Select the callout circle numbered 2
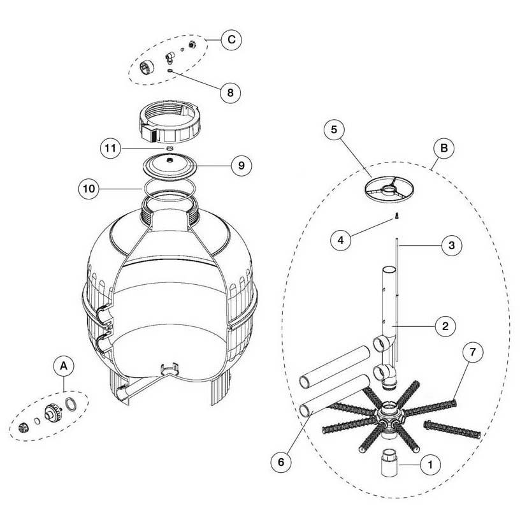[x=445, y=326]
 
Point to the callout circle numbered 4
[x=343, y=240]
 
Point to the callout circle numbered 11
[x=111, y=149]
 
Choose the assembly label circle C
[x=231, y=40]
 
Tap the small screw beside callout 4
[x=395, y=216]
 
